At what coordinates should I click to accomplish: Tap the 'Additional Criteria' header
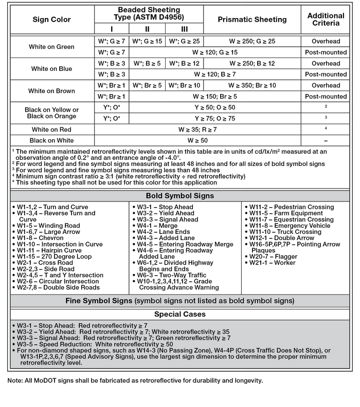pos(326,20)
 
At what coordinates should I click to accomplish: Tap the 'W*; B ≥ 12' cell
pos(184,63)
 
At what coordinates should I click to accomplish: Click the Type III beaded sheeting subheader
pos(184,29)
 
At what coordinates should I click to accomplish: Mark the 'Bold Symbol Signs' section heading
pos(179,196)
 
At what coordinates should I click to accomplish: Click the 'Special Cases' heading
pos(179,314)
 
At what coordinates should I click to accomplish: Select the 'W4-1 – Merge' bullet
pos(161,225)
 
